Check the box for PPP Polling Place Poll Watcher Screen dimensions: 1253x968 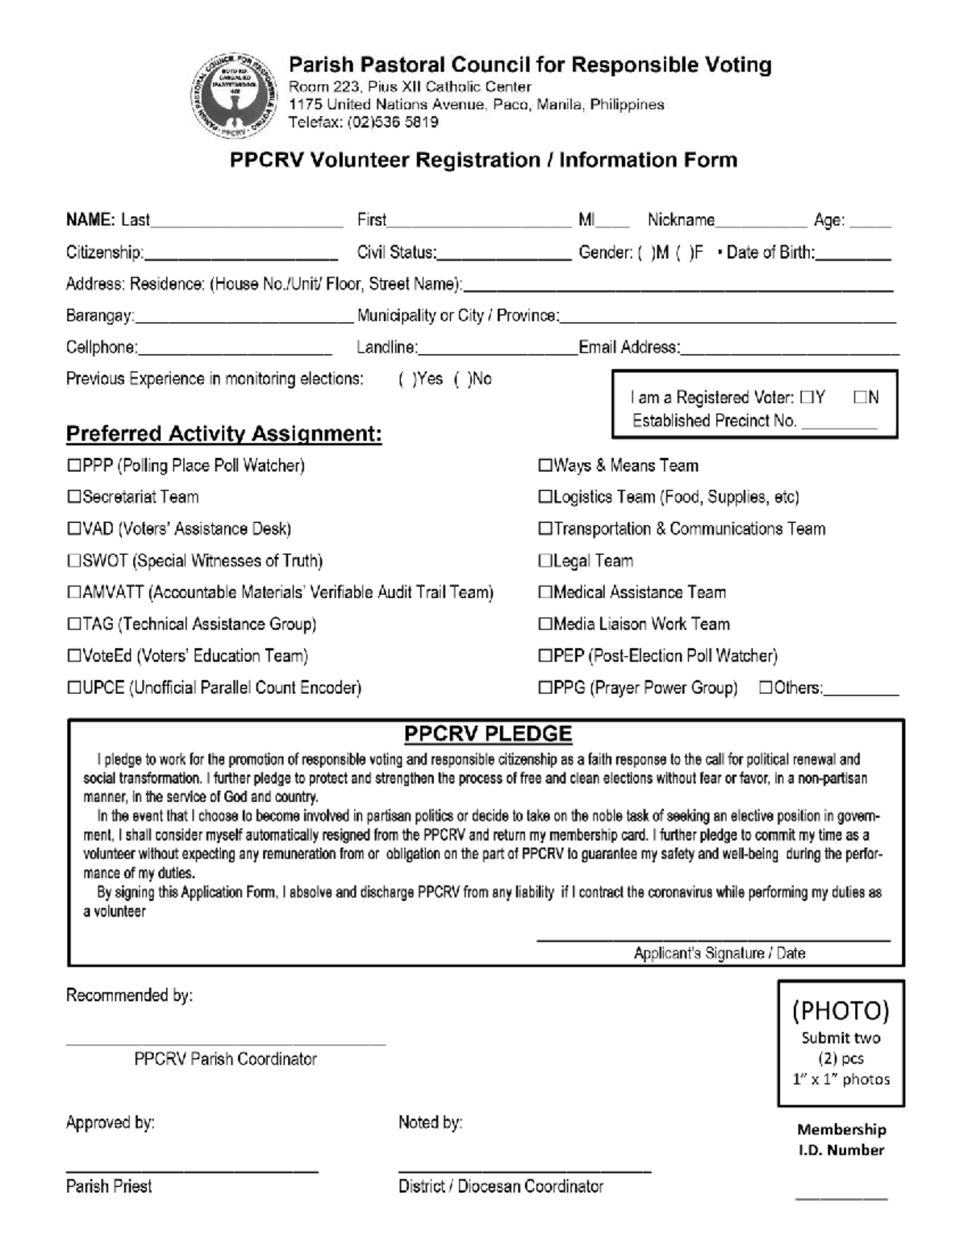click(74, 466)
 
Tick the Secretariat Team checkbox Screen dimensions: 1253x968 click(74, 498)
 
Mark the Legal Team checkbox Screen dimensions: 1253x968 click(545, 562)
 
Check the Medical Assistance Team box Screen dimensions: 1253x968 click(545, 593)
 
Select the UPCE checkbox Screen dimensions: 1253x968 click(74, 688)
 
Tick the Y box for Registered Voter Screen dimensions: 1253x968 click(807, 398)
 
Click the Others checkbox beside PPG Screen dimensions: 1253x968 click(766, 688)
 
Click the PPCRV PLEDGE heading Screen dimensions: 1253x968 click(487, 734)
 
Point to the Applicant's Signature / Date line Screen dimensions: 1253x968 click(713, 938)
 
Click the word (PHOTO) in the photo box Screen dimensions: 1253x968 click(840, 1011)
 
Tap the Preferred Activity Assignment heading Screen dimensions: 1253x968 click(223, 434)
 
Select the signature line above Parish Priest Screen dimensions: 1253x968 click(191, 1170)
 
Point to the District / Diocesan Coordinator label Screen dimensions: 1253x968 click(500, 1187)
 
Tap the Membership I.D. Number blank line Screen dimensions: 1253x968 click(841, 1199)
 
